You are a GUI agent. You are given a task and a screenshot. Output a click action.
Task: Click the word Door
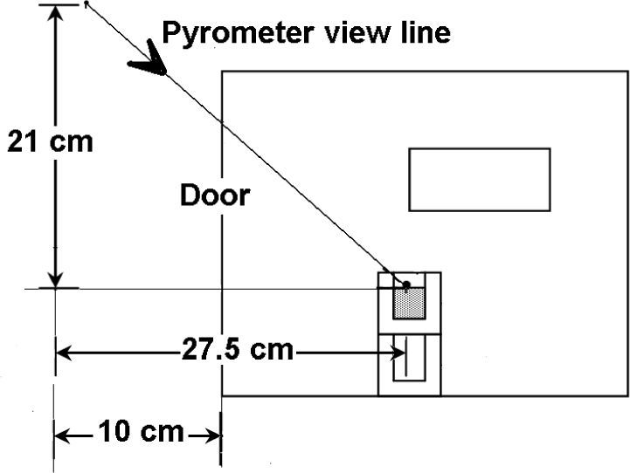point(215,195)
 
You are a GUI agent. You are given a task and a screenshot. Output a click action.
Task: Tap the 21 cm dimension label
point(50,141)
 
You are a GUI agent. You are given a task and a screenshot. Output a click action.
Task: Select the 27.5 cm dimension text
point(237,351)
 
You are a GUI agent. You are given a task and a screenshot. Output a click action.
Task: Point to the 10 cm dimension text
point(142,431)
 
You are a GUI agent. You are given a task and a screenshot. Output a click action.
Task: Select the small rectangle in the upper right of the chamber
point(480,179)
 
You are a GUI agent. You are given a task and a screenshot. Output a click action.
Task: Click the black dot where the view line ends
point(406,283)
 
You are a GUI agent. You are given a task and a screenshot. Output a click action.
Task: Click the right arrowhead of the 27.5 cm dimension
point(398,352)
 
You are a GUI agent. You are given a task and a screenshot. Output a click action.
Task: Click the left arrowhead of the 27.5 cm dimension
point(66,352)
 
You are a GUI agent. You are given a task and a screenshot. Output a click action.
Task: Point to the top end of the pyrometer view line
point(87,4)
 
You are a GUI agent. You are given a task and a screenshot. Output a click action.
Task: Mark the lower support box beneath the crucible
point(409,366)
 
